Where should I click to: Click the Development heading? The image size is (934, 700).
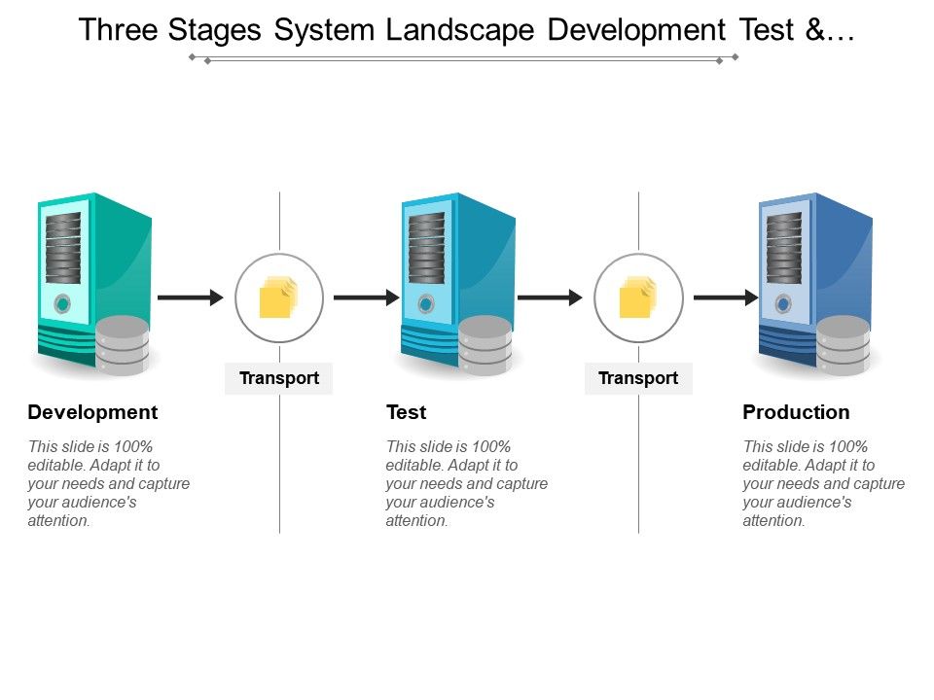92,412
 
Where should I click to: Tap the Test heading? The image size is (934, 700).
406,412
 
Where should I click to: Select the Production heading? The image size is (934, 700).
796,412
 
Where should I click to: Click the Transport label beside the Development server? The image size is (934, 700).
279,378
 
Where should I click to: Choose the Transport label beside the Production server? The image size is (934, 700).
638,378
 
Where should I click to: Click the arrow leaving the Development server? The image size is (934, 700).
190,297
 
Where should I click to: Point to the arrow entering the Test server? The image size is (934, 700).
367,297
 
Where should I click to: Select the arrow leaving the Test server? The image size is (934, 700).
550,297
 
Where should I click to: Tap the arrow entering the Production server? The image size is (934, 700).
726,297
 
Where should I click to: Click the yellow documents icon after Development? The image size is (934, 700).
277,297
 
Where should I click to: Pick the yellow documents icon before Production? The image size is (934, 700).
637,297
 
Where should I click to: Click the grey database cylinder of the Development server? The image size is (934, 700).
123,346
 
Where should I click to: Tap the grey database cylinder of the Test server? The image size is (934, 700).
485,346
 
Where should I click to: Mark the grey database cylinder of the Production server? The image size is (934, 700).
844,346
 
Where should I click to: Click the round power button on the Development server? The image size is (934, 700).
62,304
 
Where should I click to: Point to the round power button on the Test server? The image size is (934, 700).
425,304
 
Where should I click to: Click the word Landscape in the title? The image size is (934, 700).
460,30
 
